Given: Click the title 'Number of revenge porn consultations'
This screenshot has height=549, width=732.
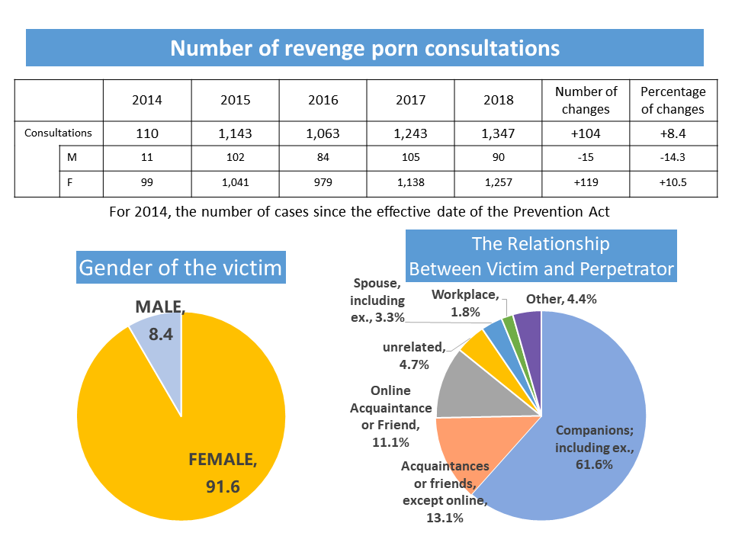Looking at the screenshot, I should (364, 48).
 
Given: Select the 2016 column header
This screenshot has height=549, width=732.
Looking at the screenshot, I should (323, 100).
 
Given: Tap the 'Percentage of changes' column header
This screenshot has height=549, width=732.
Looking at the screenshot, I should (673, 100).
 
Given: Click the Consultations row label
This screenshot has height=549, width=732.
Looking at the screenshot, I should (58, 133).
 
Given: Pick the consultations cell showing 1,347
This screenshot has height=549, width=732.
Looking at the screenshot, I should (498, 133).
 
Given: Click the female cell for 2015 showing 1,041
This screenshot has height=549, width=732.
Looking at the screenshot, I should (235, 184).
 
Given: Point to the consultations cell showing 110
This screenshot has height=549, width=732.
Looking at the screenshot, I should (147, 133).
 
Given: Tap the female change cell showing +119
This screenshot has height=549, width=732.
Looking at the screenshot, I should (586, 184).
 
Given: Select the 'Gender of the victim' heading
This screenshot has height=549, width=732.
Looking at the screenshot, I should (181, 268).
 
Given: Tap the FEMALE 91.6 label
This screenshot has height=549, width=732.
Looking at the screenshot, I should (223, 473).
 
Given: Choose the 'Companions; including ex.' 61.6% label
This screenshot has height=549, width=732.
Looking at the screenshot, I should (594, 446).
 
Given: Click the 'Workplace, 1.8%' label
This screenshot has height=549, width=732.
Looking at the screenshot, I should (466, 303).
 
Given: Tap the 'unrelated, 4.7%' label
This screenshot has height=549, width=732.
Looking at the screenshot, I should (416, 355).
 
